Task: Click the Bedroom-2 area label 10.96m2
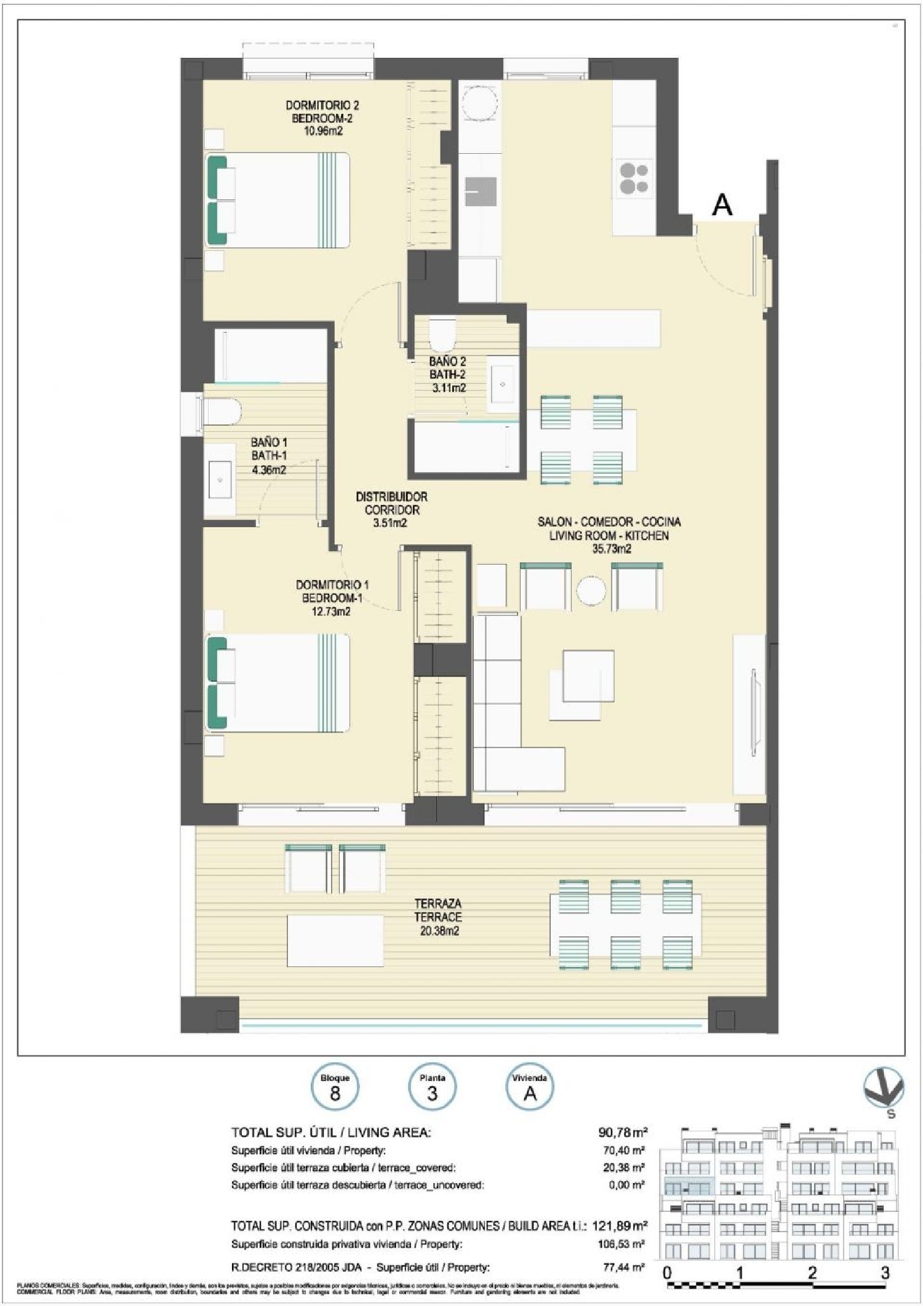(x=322, y=132)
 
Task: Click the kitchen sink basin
(x=481, y=191)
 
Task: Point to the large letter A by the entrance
(x=722, y=205)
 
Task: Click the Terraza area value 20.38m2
(x=438, y=931)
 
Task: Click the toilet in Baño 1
(x=220, y=411)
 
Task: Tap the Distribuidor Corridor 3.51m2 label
(x=391, y=510)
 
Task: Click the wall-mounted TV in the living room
(x=754, y=714)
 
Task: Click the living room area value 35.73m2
(x=611, y=549)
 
